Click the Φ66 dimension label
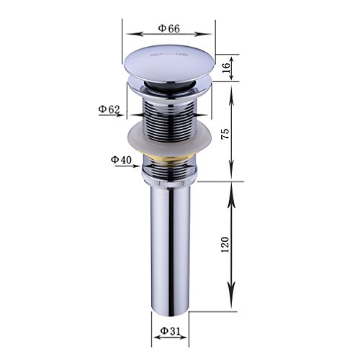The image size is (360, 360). click(169, 28)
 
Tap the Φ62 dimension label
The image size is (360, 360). click(109, 109)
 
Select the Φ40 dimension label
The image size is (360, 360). click(120, 159)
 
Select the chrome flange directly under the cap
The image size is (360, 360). click(171, 91)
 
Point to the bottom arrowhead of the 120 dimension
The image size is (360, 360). click(230, 302)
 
